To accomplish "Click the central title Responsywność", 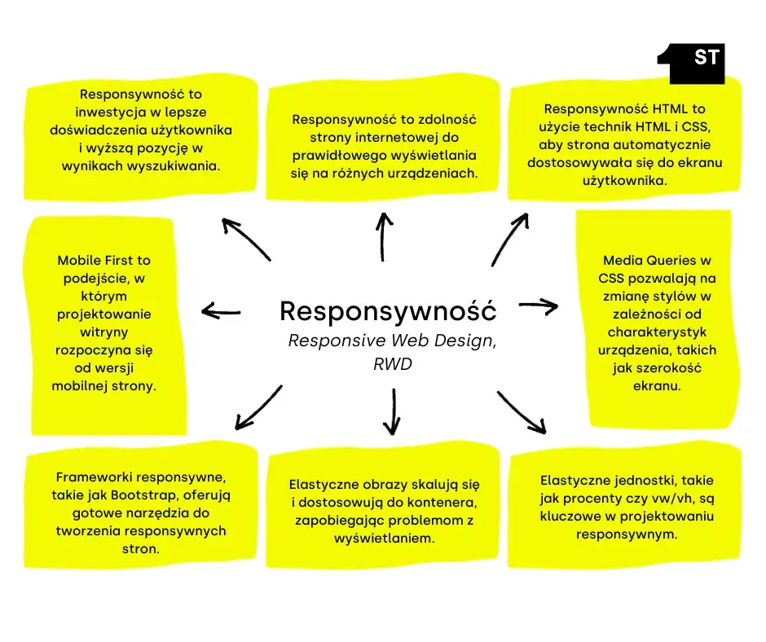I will coord(387,310).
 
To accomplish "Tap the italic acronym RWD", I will coord(392,363).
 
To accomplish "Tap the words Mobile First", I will coord(103,261).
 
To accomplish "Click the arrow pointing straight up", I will coord(383,236).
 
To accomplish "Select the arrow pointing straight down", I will coord(393,411).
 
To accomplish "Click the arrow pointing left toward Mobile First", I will coord(220,310).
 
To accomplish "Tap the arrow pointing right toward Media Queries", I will coord(539,306).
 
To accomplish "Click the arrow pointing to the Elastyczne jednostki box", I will coord(522,412).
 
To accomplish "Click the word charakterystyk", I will coord(657,332).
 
